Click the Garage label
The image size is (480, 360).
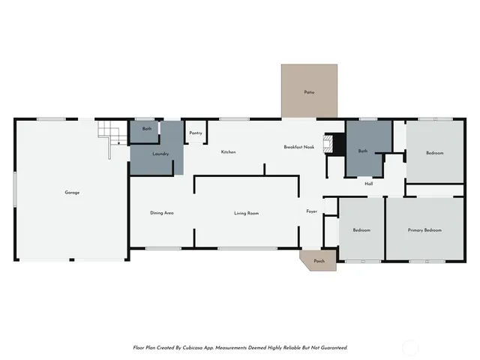72,193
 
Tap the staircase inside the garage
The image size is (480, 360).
109,138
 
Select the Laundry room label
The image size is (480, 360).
160,154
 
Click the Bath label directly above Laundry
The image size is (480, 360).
147,129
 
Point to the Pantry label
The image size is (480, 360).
196,133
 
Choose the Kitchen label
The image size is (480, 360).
228,152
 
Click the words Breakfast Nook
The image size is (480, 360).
298,147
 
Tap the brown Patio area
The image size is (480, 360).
309,91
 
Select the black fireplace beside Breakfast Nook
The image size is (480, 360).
331,143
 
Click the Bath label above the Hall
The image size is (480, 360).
363,151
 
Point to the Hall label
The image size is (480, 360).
369,184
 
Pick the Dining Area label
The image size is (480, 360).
162,213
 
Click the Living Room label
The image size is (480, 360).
246,214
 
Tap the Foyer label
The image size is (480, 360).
312,211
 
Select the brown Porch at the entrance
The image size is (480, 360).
319,260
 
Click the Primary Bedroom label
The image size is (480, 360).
424,230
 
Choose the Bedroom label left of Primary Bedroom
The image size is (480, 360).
361,230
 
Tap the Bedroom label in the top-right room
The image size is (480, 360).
435,153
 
